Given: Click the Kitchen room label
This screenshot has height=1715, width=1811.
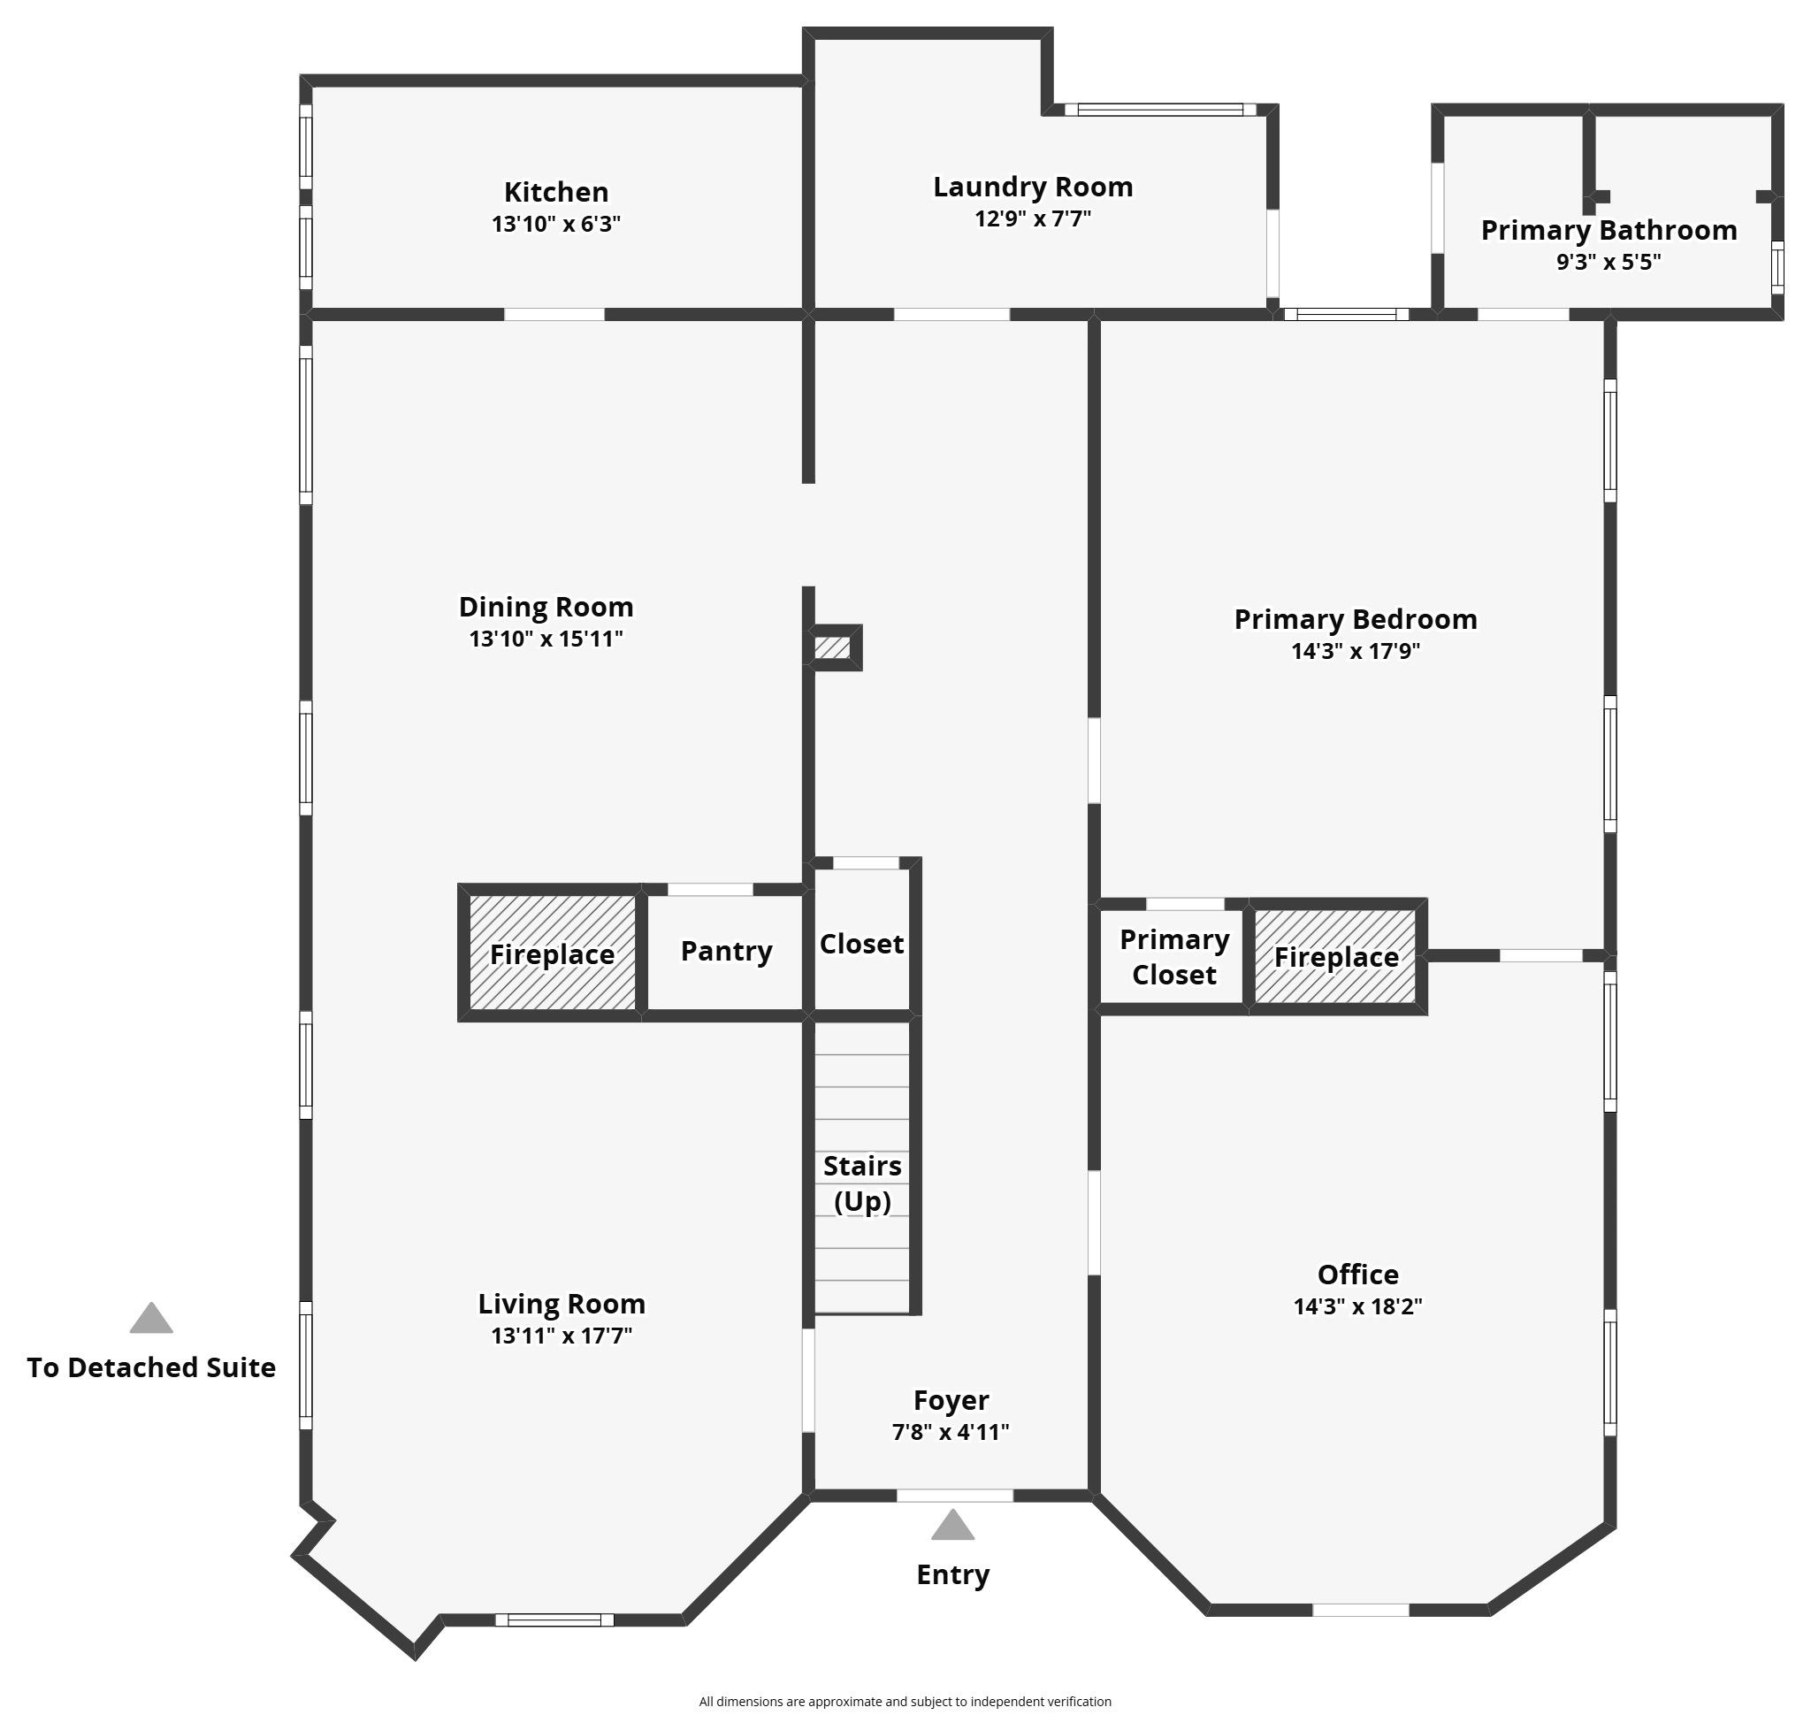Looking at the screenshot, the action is click(x=556, y=192).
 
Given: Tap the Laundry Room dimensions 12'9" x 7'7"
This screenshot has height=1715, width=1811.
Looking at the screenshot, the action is click(x=1033, y=218).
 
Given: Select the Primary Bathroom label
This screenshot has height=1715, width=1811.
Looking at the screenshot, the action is click(x=1609, y=230).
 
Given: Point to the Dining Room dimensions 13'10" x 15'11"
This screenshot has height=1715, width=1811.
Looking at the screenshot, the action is click(x=546, y=638).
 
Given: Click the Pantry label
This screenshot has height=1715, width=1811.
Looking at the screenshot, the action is click(x=727, y=952).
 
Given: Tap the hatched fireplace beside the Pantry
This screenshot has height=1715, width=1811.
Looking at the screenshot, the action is click(x=552, y=953).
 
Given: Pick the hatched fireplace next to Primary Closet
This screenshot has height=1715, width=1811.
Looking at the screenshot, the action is click(x=1335, y=956).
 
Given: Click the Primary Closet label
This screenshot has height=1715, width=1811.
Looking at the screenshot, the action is click(x=1174, y=957).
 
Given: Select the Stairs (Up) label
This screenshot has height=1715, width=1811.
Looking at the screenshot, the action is click(x=862, y=1183).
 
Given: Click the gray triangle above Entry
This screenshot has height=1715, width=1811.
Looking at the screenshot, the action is click(x=952, y=1526).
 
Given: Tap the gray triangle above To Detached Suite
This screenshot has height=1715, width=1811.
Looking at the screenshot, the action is click(x=151, y=1318).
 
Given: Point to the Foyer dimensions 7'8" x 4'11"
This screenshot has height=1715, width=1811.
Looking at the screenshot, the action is click(x=951, y=1432).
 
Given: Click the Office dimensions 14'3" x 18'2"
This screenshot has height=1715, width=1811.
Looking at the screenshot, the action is click(x=1357, y=1306).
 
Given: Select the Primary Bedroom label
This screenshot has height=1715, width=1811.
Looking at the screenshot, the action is click(x=1356, y=620).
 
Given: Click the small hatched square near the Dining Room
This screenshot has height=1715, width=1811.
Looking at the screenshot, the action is click(x=832, y=648).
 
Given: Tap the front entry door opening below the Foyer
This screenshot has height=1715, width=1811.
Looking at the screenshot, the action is click(x=954, y=1496).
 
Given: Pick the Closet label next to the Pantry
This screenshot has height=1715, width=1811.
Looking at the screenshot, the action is click(x=861, y=944).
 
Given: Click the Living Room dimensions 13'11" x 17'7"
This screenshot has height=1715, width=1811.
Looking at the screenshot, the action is click(x=562, y=1336).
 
